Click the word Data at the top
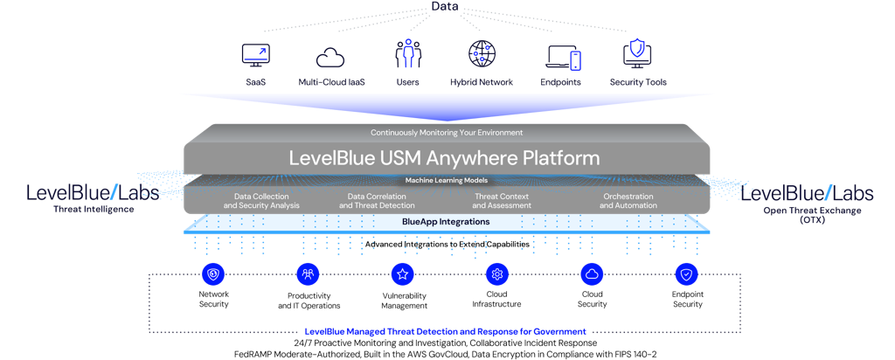pos(447,7)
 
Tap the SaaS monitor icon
pos(255,55)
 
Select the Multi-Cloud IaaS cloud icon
pos(331,56)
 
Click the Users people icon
pos(407,55)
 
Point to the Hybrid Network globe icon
pos(482,55)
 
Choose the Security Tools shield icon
pos(637,54)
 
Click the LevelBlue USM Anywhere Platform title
pos(445,158)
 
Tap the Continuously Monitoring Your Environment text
pos(447,133)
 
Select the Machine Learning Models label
pos(447,180)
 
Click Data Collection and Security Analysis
pos(261,201)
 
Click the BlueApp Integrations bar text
pos(446,222)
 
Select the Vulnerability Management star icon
pos(403,274)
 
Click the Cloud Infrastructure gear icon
pos(497,274)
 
